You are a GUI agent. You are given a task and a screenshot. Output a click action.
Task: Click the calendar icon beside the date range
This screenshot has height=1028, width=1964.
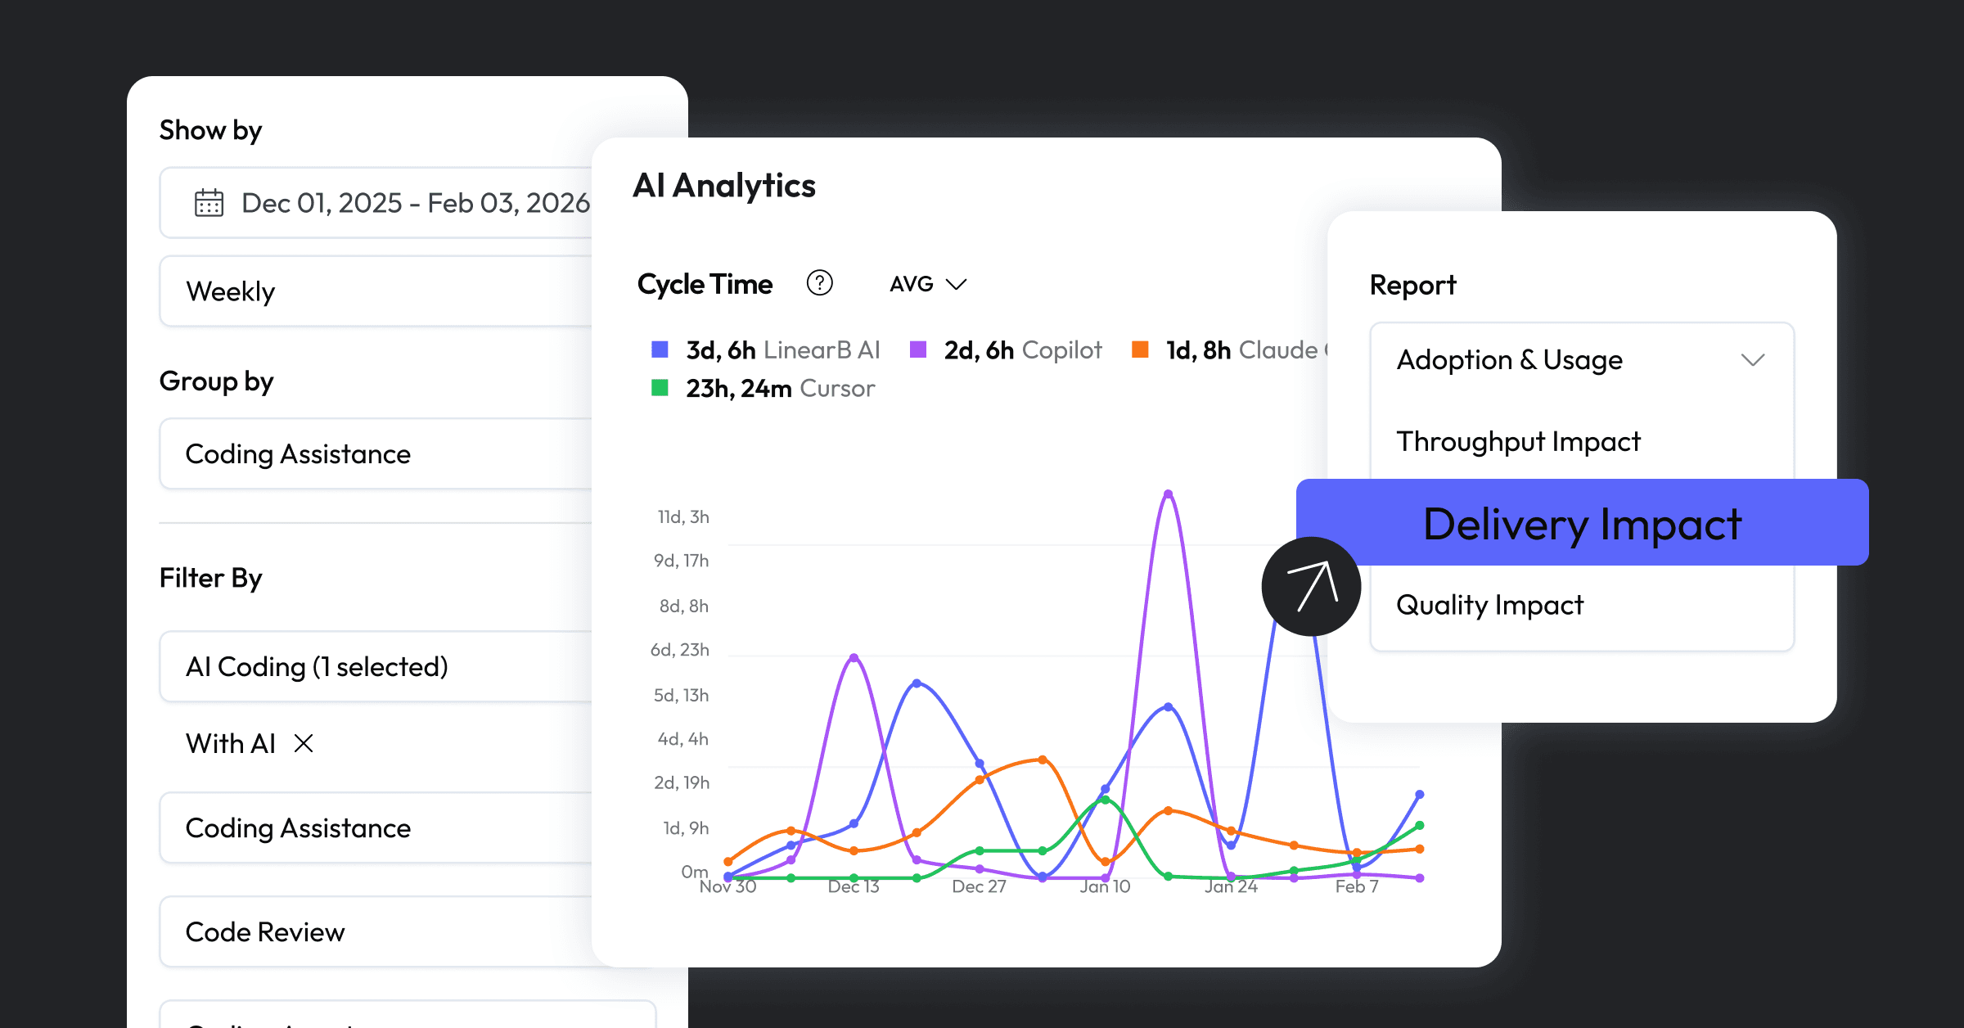point(209,203)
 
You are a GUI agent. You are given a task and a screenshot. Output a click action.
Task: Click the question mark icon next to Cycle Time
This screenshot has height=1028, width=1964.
point(819,283)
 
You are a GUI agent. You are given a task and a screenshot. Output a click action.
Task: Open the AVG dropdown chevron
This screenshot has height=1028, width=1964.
point(956,284)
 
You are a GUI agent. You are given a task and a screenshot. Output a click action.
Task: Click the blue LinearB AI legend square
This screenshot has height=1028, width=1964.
point(660,350)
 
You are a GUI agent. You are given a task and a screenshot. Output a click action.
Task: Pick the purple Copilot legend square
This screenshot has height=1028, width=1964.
point(918,350)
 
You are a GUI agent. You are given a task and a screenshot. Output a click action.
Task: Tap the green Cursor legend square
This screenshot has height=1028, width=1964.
point(660,388)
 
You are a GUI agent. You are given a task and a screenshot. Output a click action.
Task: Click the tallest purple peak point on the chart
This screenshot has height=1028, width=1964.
point(1168,494)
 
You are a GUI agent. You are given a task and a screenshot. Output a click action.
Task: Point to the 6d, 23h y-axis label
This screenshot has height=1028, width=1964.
point(679,650)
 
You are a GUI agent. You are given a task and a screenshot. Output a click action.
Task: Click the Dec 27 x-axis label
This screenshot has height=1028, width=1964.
point(979,886)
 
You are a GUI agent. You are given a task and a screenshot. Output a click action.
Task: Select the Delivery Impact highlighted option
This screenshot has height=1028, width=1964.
point(1581,524)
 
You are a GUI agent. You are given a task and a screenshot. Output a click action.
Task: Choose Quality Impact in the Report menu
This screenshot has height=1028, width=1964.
point(1489,605)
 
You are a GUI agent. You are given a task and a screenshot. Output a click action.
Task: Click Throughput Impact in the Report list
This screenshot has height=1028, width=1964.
point(1518,442)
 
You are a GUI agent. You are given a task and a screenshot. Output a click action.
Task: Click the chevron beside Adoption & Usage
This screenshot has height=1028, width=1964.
point(1752,360)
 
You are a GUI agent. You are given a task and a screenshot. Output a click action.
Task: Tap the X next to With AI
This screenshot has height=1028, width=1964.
point(304,743)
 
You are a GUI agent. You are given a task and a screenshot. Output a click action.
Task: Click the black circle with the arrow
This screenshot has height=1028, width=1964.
point(1311,586)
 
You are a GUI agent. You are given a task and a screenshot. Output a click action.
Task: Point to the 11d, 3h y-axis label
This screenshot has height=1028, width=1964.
point(682,517)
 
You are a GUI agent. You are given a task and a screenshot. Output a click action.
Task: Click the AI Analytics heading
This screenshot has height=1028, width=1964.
point(724,186)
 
